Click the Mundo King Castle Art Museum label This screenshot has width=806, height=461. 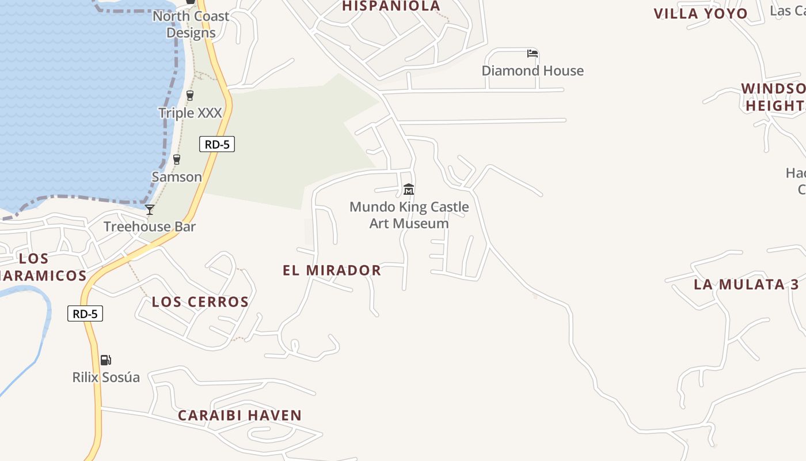(409, 215)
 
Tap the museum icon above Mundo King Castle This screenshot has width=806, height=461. (409, 189)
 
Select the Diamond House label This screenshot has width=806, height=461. (533, 71)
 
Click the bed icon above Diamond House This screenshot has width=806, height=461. (533, 54)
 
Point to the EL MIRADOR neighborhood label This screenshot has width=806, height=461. (332, 270)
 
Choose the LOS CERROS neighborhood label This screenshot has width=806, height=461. (200, 302)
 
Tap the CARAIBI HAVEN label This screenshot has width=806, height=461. (239, 415)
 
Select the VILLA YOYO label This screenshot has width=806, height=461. (701, 14)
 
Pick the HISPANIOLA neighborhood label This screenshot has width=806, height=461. (391, 6)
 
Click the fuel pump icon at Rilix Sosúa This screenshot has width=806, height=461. (106, 360)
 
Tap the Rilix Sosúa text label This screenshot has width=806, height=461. (106, 377)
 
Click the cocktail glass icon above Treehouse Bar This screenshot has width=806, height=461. (150, 210)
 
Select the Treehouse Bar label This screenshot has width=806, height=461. (150, 226)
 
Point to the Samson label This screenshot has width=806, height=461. (177, 177)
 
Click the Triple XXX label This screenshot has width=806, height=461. (190, 113)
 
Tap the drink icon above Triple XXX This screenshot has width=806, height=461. (190, 96)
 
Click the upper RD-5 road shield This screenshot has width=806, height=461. (217, 144)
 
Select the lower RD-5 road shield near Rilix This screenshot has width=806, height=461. (85, 314)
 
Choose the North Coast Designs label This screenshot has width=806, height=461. (191, 24)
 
